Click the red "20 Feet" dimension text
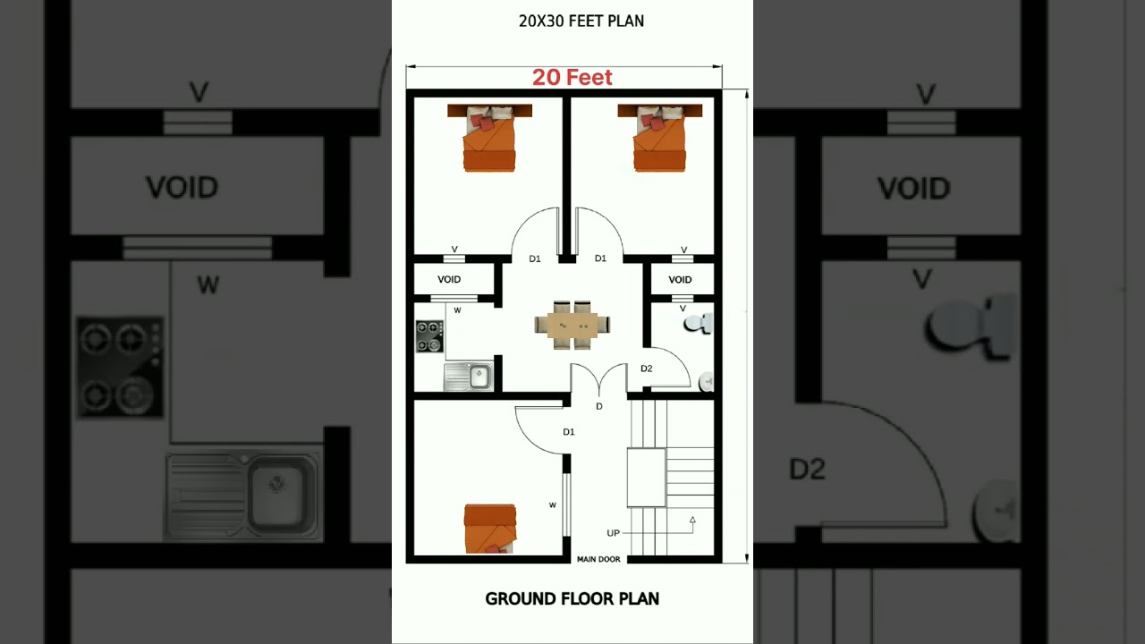(572, 78)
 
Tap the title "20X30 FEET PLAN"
(581, 21)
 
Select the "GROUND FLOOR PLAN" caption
(572, 599)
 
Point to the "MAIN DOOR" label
(598, 560)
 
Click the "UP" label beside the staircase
(613, 533)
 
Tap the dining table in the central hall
(572, 326)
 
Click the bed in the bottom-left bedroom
(489, 527)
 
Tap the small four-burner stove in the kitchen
(429, 336)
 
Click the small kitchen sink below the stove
(468, 377)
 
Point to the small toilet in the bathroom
(700, 322)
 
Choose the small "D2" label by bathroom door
(646, 369)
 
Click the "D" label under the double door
(599, 407)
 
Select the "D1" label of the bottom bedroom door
(569, 432)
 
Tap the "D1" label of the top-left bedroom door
(535, 258)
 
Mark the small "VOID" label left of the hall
(449, 280)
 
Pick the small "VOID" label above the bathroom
(680, 280)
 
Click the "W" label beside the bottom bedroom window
(553, 505)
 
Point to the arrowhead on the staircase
(691, 519)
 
